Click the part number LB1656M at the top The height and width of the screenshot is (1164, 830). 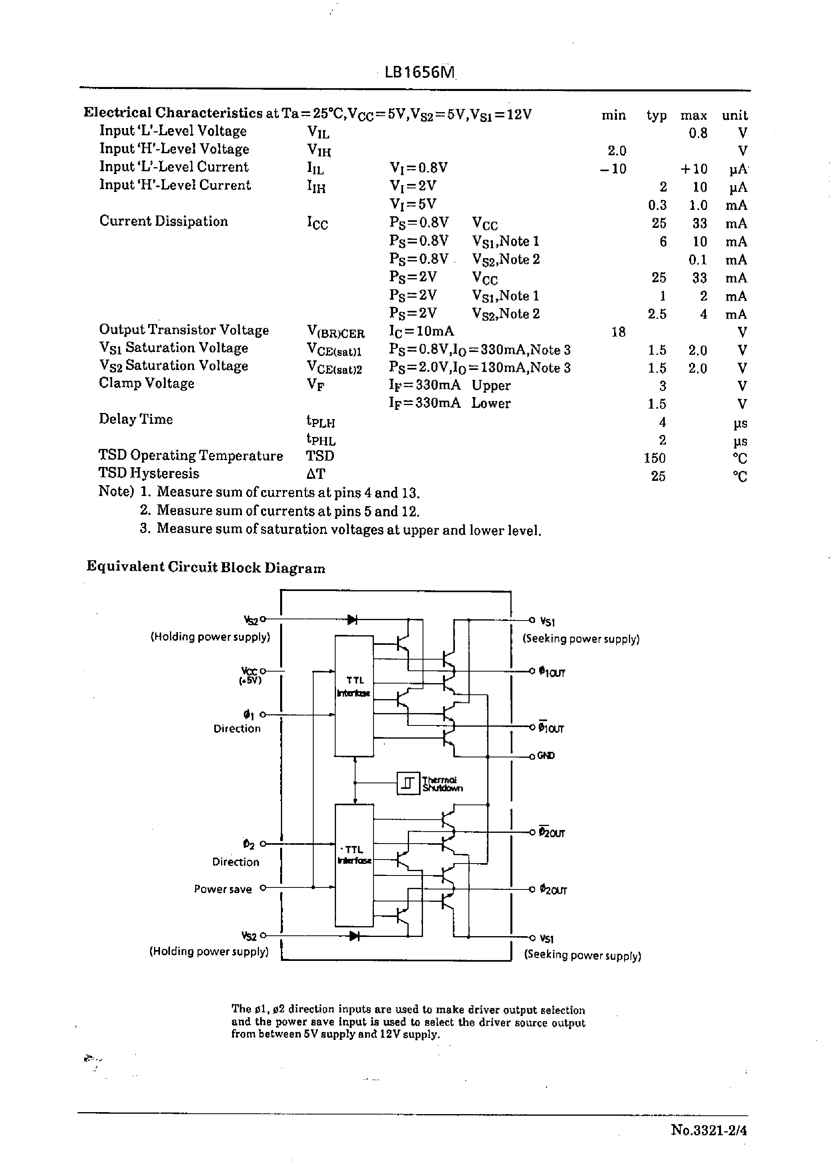point(419,73)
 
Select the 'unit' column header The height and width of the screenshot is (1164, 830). point(734,115)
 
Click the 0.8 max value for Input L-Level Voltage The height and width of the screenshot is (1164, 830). point(698,133)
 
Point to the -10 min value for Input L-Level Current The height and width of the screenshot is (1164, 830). point(613,169)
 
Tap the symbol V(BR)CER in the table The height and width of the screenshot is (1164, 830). point(336,333)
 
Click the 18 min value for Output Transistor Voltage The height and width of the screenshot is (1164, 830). point(618,332)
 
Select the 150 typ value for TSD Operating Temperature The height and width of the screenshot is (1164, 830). point(655,458)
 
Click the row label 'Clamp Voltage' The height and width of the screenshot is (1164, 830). point(147,383)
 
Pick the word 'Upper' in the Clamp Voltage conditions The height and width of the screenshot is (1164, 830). point(491,386)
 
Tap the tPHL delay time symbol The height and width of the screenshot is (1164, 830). point(321,439)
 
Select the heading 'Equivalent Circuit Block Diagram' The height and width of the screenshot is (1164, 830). point(206,567)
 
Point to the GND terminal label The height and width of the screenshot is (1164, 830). point(545,756)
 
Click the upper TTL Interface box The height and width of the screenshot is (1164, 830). point(354,695)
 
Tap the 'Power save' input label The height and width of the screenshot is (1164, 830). point(223,889)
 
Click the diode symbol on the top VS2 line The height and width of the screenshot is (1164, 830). point(352,620)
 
